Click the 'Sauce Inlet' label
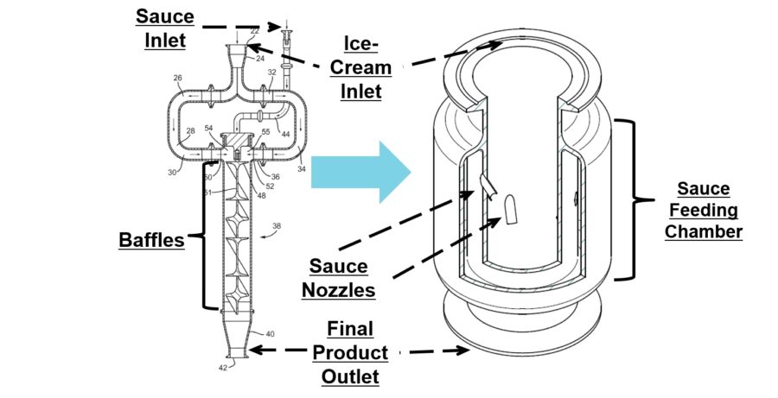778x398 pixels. tap(164, 27)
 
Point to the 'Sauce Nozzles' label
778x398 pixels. tap(338, 277)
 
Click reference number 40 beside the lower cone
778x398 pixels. tap(270, 333)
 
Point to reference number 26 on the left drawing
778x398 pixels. tap(178, 78)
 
